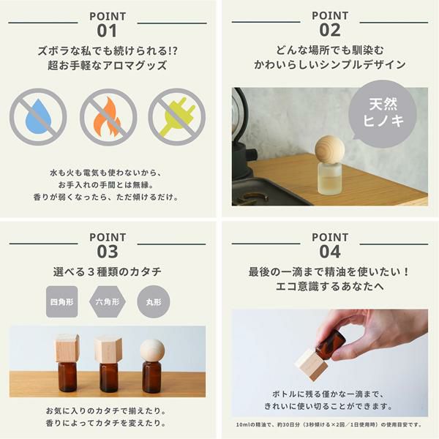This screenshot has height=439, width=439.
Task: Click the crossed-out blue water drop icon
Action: coord(38,117)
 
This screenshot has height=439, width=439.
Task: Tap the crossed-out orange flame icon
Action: coord(108,117)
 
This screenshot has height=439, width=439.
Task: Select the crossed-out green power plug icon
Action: coord(177,117)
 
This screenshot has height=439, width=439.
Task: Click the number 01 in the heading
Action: coord(107,31)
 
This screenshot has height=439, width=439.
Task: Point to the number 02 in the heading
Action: coord(330,30)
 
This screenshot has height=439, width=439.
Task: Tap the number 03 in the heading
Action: coord(108,252)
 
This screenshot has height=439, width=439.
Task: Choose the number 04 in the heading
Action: coord(330,252)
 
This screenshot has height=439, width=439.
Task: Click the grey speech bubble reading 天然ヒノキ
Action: coord(383,114)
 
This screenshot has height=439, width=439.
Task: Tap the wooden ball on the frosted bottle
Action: coord(329,149)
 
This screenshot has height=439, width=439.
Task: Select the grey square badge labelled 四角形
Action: coord(62,301)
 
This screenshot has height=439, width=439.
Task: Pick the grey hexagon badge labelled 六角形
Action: coord(108,301)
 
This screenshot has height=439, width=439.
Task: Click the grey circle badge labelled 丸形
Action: coord(154,301)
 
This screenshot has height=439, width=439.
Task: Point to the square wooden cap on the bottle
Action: coord(67,348)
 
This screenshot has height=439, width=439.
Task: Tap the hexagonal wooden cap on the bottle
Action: coord(108,350)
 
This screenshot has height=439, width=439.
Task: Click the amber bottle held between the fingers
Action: coord(331,342)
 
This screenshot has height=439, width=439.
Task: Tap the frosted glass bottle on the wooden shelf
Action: coord(330,179)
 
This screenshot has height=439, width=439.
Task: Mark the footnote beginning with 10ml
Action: coord(329,424)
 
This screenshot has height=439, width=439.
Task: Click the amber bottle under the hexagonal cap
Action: coord(108,378)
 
